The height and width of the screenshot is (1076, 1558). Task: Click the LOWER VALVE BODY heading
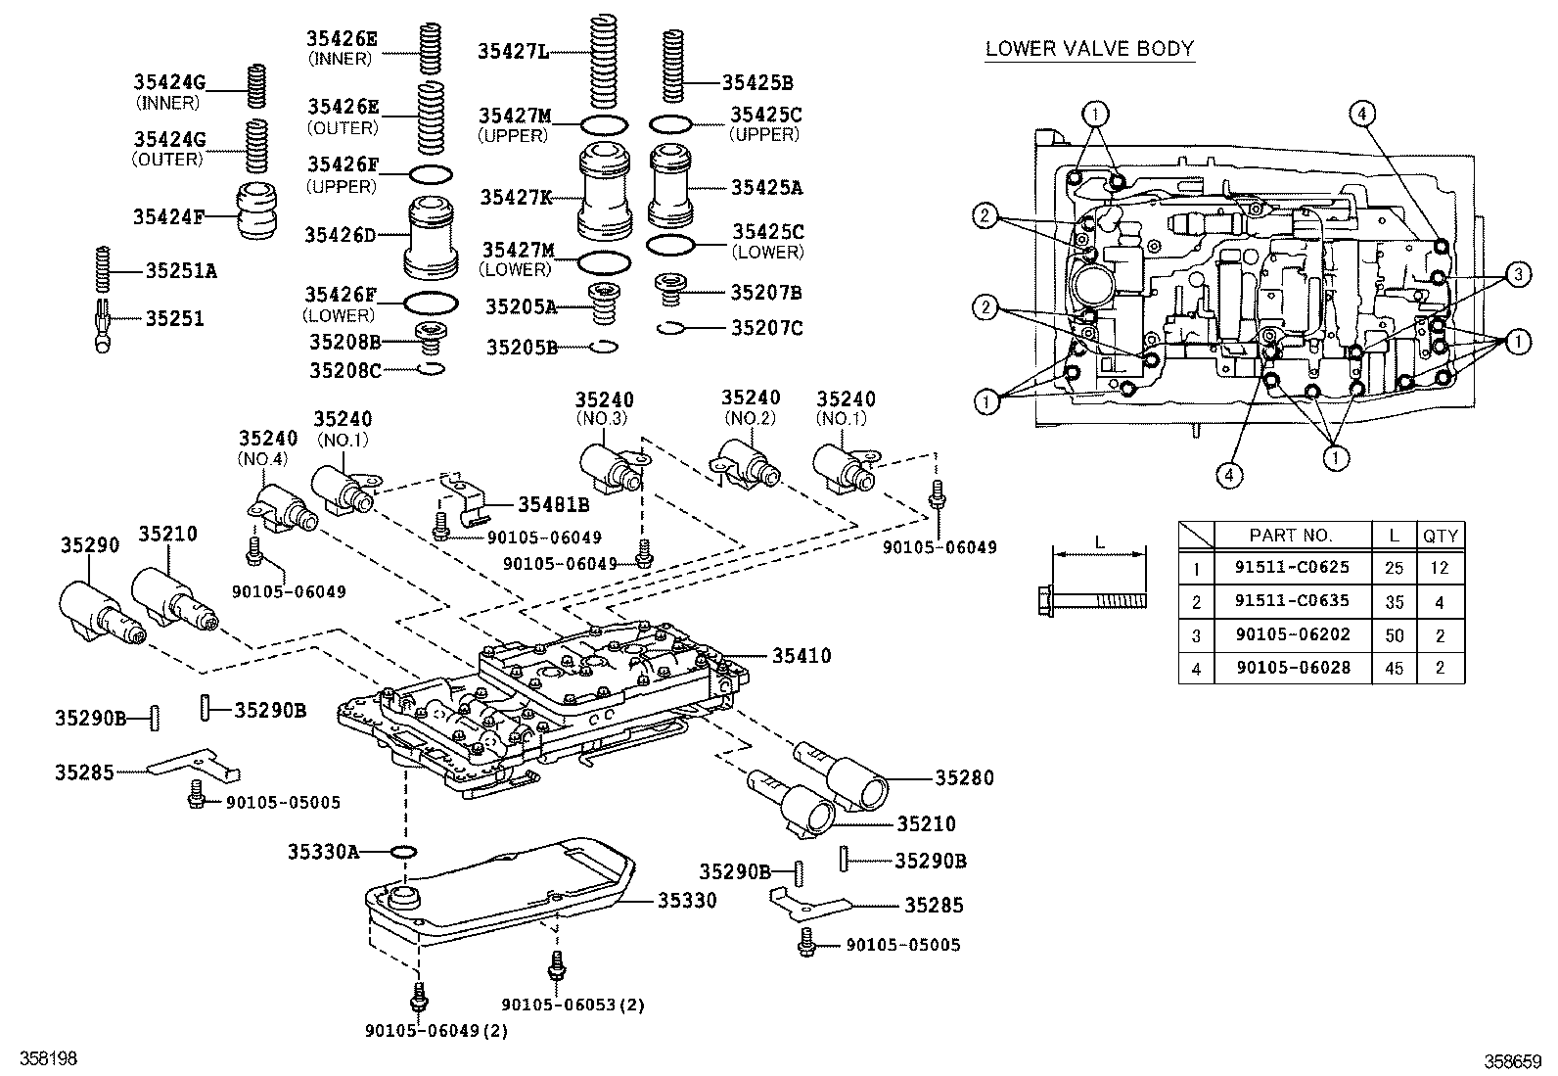(x=1089, y=49)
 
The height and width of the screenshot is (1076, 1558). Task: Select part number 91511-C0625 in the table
(x=1291, y=568)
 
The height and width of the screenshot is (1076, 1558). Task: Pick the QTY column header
(x=1440, y=536)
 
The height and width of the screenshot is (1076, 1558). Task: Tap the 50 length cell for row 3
(x=1394, y=635)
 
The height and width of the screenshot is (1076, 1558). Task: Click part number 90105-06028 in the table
(x=1291, y=668)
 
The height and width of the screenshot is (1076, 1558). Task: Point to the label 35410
(x=802, y=655)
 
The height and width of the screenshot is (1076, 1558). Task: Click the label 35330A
(x=322, y=852)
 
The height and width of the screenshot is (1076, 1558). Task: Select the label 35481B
(x=553, y=504)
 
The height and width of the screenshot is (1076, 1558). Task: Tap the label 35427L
(x=512, y=51)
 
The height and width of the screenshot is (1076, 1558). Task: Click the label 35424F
(x=168, y=216)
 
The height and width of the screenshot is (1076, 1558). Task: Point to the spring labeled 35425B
(x=671, y=66)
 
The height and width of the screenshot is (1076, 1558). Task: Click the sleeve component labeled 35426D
(x=431, y=238)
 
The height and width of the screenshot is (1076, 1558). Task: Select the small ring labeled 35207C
(x=670, y=328)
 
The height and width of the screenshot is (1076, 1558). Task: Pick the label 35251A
(x=181, y=270)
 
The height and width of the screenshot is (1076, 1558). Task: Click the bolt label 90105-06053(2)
(x=573, y=1005)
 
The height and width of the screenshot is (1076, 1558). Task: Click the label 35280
(x=963, y=778)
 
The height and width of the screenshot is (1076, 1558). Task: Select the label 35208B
(x=344, y=342)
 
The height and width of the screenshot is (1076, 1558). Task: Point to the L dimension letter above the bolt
(x=1098, y=541)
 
